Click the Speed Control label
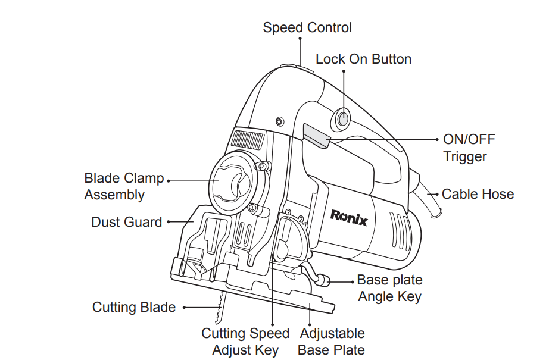(x=307, y=27)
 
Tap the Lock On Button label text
(x=363, y=59)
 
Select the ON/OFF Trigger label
(x=469, y=148)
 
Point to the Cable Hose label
(x=478, y=194)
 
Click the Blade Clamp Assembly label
(x=123, y=186)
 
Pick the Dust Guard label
(x=126, y=222)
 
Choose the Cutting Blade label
(x=134, y=307)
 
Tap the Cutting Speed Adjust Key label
(x=245, y=342)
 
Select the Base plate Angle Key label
(x=389, y=288)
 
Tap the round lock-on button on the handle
(x=343, y=119)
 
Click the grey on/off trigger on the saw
(x=317, y=135)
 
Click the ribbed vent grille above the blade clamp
(x=247, y=140)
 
